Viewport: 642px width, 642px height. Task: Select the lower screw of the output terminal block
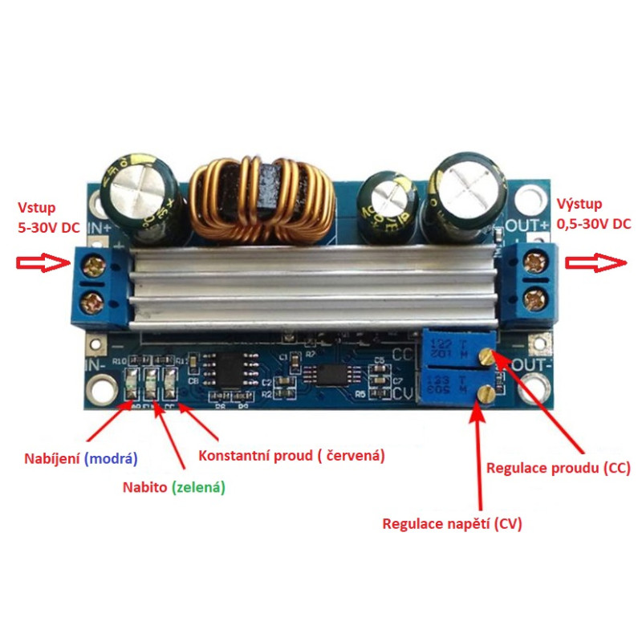(534, 303)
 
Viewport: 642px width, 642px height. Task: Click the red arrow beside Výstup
(598, 262)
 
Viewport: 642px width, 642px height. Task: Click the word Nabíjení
(52, 458)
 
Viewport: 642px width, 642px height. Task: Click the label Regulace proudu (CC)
(558, 467)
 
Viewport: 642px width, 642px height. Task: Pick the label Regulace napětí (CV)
(452, 524)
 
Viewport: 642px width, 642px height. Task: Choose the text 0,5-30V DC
(594, 224)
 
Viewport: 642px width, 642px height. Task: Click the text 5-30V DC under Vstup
(48, 227)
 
